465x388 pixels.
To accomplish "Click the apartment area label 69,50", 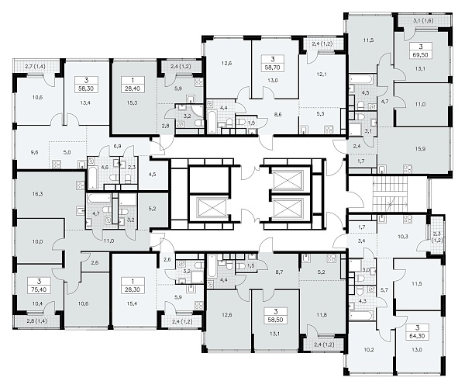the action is point(421,55).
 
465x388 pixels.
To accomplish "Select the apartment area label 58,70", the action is point(273,68).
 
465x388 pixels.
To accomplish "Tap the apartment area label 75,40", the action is point(40,289).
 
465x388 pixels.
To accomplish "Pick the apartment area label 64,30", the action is point(417,336).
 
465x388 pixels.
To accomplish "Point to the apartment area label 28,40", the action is point(133,88).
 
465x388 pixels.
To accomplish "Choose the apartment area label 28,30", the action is point(133,289).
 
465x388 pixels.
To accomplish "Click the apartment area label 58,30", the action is point(86,88).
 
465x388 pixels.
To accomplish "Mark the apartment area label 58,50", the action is point(276,320).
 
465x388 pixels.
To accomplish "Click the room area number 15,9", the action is point(421,149).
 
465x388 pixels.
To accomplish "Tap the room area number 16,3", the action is point(38,194).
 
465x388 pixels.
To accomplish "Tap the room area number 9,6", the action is point(34,153).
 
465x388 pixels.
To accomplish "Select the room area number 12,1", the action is point(321,74).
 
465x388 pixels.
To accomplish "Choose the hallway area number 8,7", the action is point(279,272).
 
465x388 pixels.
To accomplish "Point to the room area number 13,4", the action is point(85,103).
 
